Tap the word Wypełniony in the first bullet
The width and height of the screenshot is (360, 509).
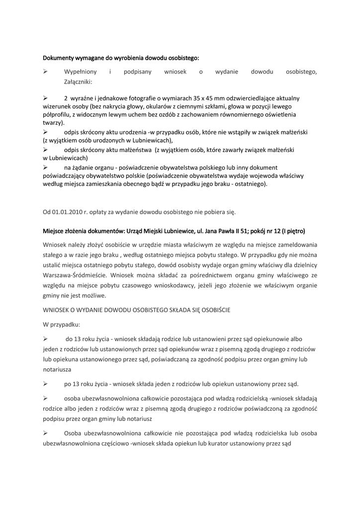81,72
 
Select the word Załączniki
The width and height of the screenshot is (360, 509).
78,82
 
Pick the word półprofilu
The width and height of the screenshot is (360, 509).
57,114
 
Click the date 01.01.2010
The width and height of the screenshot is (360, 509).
67,212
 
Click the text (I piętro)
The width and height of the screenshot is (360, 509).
293,231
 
